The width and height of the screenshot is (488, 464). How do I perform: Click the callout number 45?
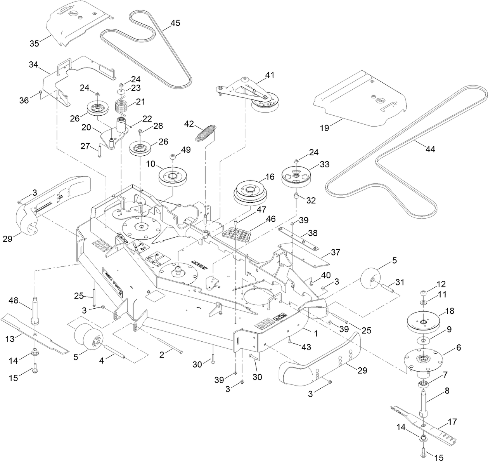click(175, 23)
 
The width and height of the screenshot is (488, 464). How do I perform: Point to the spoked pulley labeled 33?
click(296, 177)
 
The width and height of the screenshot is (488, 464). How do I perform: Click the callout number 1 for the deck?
click(315, 333)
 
